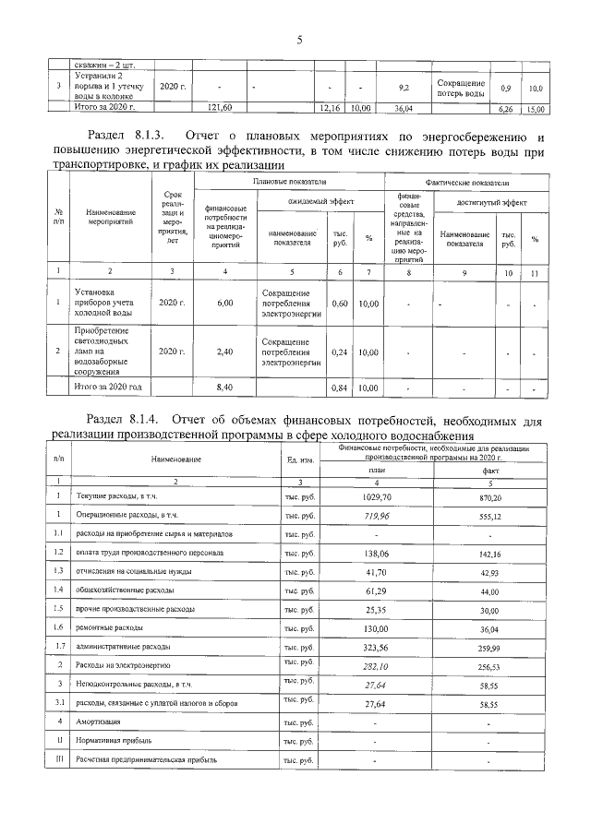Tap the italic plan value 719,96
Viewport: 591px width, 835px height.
coord(375,516)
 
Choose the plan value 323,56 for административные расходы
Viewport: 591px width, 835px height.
coord(375,647)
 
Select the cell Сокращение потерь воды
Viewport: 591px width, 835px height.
coord(460,89)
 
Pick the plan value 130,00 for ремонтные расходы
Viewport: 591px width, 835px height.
coord(375,628)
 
